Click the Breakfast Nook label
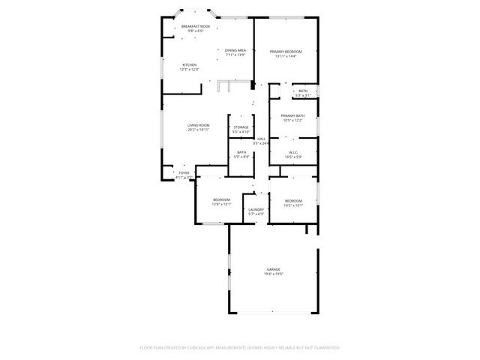coord(195,27)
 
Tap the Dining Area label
coord(235,50)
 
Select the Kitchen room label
coord(190,65)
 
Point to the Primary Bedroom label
coord(286,51)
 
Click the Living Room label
coord(199,125)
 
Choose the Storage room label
coord(241,127)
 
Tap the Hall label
coord(262,139)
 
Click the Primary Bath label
coord(292,115)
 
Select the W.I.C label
coord(293,152)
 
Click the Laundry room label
coord(256,210)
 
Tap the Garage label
coord(273,269)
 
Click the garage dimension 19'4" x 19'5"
coord(273,274)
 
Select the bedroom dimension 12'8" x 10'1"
coord(221,204)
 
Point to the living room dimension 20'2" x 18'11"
coord(199,130)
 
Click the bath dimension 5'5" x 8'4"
coord(241,157)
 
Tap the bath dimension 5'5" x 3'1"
coord(303,95)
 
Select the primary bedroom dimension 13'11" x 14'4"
coord(286,55)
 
